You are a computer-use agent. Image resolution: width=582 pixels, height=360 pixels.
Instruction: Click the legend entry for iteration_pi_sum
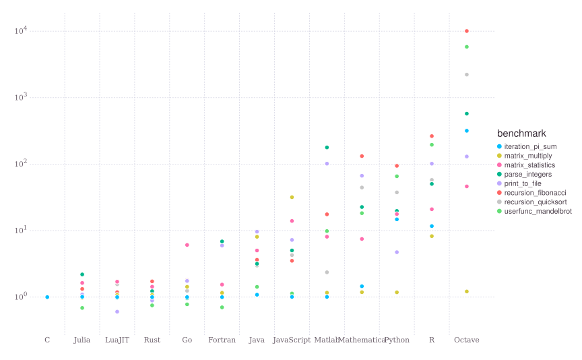click(x=531, y=146)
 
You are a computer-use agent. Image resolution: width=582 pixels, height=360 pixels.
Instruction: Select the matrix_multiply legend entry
click(x=529, y=156)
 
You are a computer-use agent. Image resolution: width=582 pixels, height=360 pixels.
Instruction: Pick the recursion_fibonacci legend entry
click(x=533, y=193)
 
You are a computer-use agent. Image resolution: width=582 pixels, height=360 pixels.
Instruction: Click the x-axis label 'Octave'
click(x=467, y=340)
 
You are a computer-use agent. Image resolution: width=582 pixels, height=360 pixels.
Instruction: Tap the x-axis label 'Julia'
click(x=82, y=340)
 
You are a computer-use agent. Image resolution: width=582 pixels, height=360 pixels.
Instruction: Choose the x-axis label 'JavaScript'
click(x=292, y=340)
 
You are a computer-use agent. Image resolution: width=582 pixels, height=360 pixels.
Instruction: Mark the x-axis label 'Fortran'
click(x=222, y=340)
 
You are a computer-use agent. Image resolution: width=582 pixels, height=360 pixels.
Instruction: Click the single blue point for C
click(x=47, y=297)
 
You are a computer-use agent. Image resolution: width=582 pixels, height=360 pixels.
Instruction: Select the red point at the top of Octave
click(x=467, y=31)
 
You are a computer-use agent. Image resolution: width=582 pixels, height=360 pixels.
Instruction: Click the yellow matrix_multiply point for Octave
click(x=467, y=291)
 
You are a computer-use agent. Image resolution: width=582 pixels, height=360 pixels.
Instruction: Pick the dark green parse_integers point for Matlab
click(x=327, y=147)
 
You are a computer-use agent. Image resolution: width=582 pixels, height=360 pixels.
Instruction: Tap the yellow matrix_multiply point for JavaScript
click(x=292, y=197)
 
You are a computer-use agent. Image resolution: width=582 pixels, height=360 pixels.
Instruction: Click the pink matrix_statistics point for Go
click(x=187, y=245)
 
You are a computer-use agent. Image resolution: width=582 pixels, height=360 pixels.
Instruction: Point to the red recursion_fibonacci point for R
click(x=432, y=136)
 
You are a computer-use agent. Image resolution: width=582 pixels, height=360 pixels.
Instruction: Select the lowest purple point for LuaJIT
click(x=117, y=311)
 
